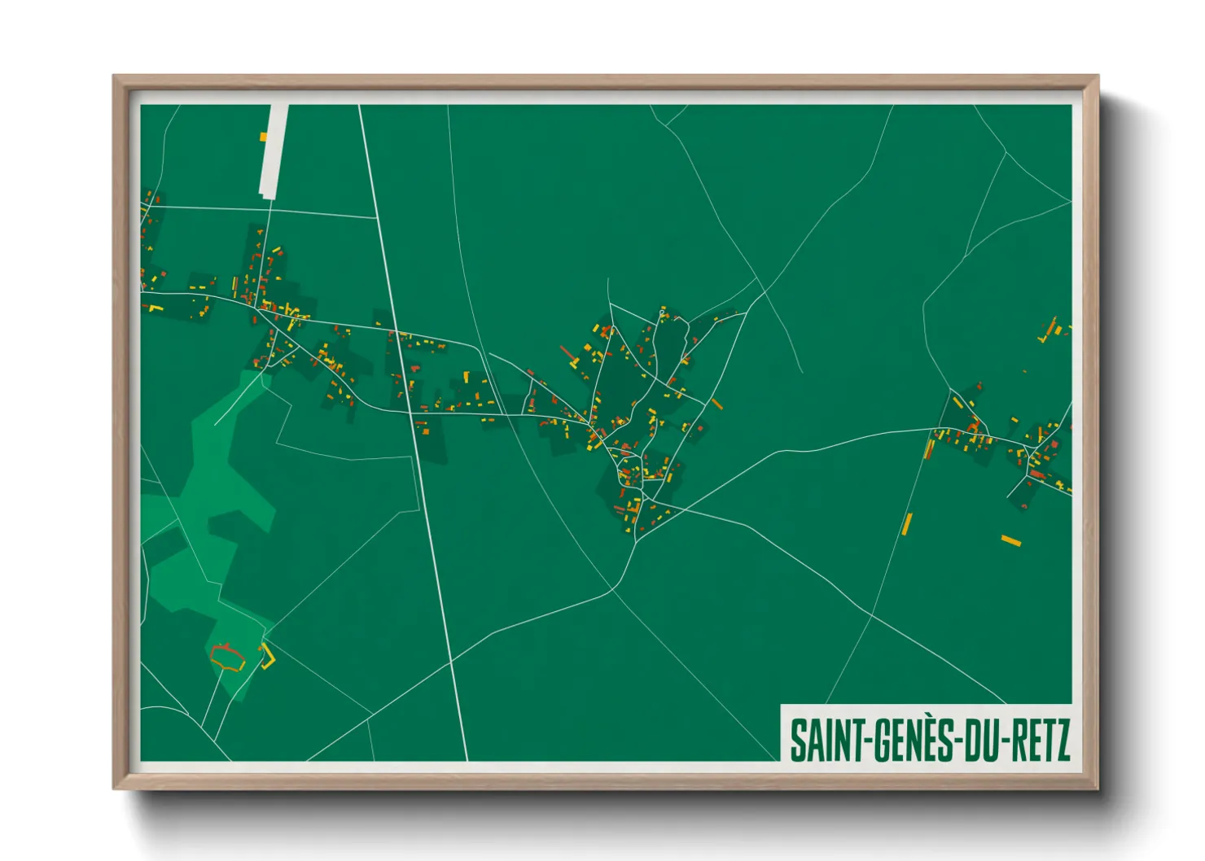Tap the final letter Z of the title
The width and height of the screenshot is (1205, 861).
[x=1061, y=740]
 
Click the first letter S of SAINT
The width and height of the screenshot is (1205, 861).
[x=797, y=740]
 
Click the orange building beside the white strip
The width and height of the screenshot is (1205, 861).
[x=263, y=137]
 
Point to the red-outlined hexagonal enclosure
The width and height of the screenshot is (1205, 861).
[x=228, y=657]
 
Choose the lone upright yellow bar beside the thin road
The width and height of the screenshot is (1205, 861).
[x=907, y=523]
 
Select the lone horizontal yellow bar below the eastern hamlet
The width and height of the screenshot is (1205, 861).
[x=1010, y=540]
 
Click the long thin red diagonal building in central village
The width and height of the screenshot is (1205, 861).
[x=567, y=354]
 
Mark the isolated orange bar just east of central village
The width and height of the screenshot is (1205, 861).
[x=716, y=404]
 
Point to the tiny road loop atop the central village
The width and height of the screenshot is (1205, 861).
[x=663, y=312]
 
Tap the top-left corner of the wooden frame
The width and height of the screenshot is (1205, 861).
[x=115, y=77]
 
